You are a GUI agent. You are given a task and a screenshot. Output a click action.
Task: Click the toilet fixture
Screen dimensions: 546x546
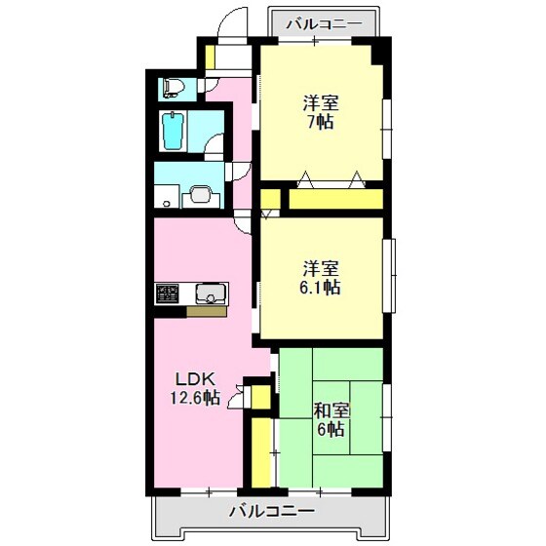coord(173,88)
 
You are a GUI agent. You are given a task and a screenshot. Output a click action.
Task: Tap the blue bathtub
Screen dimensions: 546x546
coord(174,132)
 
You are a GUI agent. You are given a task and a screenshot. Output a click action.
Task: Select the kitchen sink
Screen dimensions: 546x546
coord(210,293)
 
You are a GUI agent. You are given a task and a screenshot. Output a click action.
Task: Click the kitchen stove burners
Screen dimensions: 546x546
coord(167,293)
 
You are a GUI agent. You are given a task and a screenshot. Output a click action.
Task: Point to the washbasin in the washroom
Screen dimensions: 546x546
coord(200,194)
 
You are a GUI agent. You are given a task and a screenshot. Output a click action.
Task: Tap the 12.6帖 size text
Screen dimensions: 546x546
coord(195,398)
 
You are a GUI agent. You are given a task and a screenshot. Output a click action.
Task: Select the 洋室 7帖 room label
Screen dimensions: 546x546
coord(321,112)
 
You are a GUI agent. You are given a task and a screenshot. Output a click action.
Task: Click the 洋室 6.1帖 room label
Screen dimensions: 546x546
coord(321,278)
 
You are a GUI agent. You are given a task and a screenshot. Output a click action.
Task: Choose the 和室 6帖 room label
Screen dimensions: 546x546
coord(331,420)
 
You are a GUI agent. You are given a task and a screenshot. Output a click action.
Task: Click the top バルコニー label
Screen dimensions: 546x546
coord(324,24)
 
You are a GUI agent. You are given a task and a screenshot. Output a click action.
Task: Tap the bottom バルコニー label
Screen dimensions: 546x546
coord(272,511)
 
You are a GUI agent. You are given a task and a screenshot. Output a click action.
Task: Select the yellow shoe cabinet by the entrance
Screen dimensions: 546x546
coord(210,57)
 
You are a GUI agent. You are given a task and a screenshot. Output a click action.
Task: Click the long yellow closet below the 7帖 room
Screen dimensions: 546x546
coord(336,199)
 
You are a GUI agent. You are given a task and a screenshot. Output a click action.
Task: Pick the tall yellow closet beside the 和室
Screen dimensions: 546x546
coord(261,452)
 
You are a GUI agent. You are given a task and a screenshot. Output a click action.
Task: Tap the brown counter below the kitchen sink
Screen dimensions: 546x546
coord(207,312)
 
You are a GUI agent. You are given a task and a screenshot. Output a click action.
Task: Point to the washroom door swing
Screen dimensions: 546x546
coord(241,172)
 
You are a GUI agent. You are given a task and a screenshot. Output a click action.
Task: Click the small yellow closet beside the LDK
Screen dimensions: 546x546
coord(261,397)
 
